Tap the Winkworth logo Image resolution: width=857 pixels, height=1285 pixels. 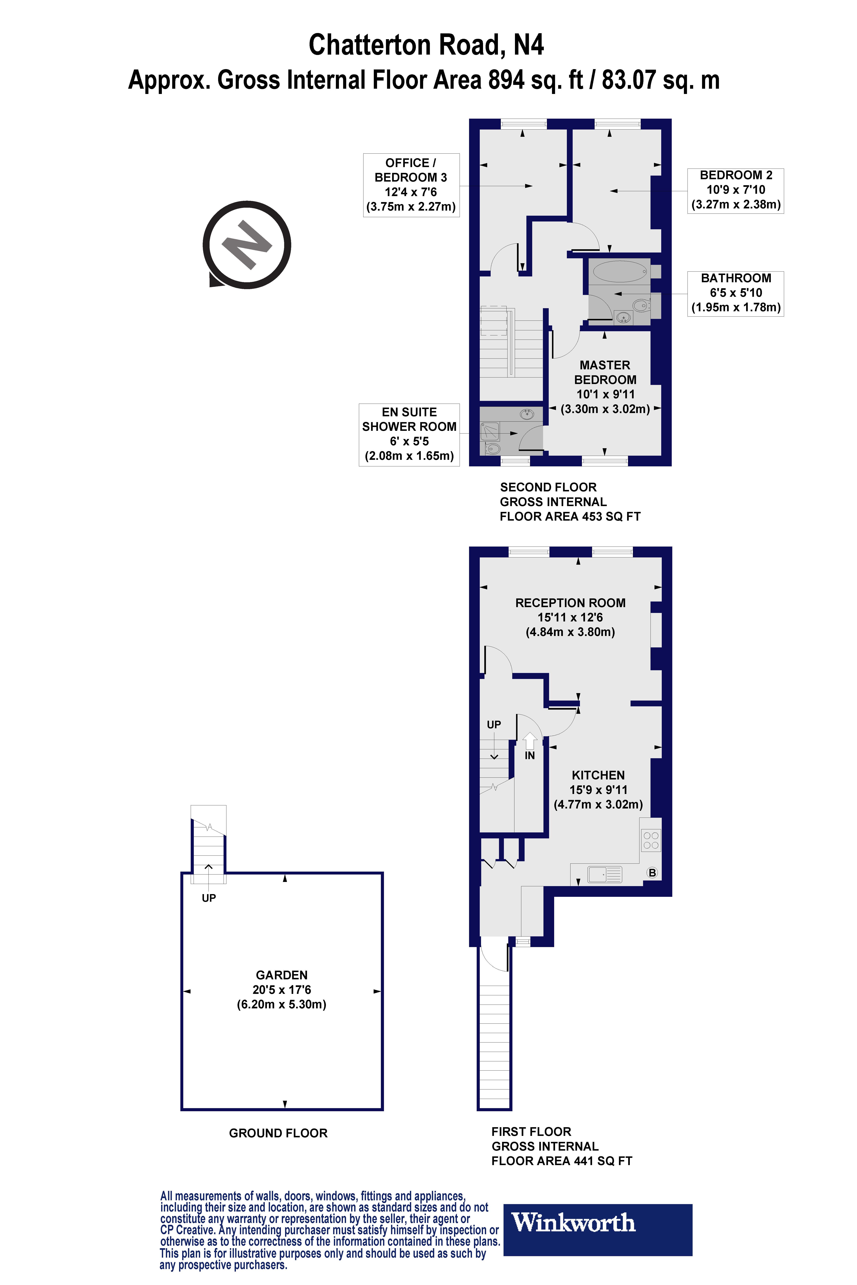[597, 1229]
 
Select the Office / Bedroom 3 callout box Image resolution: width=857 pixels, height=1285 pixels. [411, 185]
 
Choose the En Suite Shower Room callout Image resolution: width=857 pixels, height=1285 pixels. [409, 434]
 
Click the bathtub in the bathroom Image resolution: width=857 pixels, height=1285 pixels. [620, 272]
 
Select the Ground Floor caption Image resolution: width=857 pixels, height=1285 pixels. [278, 1133]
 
